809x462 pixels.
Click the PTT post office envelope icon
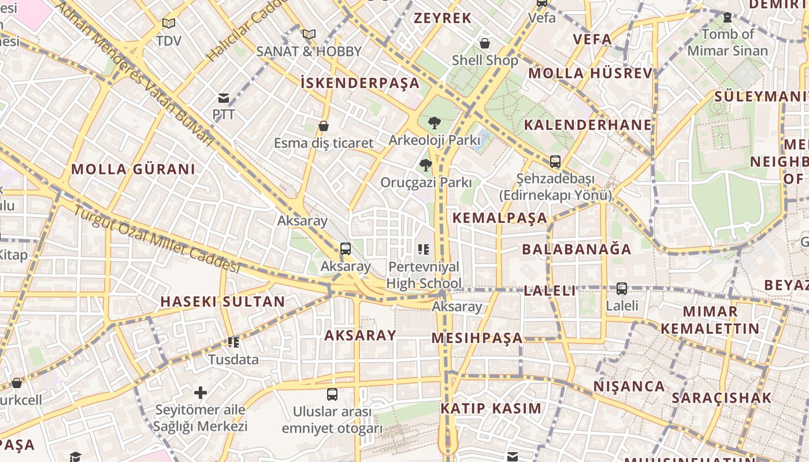click(224, 98)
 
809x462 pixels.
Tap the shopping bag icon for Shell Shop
click(485, 43)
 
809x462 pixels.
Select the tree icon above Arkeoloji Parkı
click(434, 123)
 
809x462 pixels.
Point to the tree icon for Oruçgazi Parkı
click(426, 166)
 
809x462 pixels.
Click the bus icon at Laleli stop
click(622, 288)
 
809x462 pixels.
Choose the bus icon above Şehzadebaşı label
click(555, 162)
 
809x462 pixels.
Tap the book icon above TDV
click(168, 24)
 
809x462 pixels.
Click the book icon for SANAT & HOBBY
click(309, 34)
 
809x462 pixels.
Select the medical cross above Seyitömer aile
click(201, 393)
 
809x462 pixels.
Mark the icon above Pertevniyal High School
click(424, 249)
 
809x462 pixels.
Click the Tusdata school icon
click(233, 342)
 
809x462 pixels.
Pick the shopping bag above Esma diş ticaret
click(324, 126)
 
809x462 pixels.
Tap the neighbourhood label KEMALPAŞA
click(499, 218)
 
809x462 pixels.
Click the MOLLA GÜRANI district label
click(133, 169)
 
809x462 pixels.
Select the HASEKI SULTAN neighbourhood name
click(222, 301)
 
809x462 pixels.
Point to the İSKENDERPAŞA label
click(360, 83)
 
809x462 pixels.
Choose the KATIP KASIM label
click(491, 408)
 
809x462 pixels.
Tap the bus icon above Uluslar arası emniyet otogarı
click(332, 394)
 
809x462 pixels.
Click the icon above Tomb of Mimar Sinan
click(728, 18)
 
